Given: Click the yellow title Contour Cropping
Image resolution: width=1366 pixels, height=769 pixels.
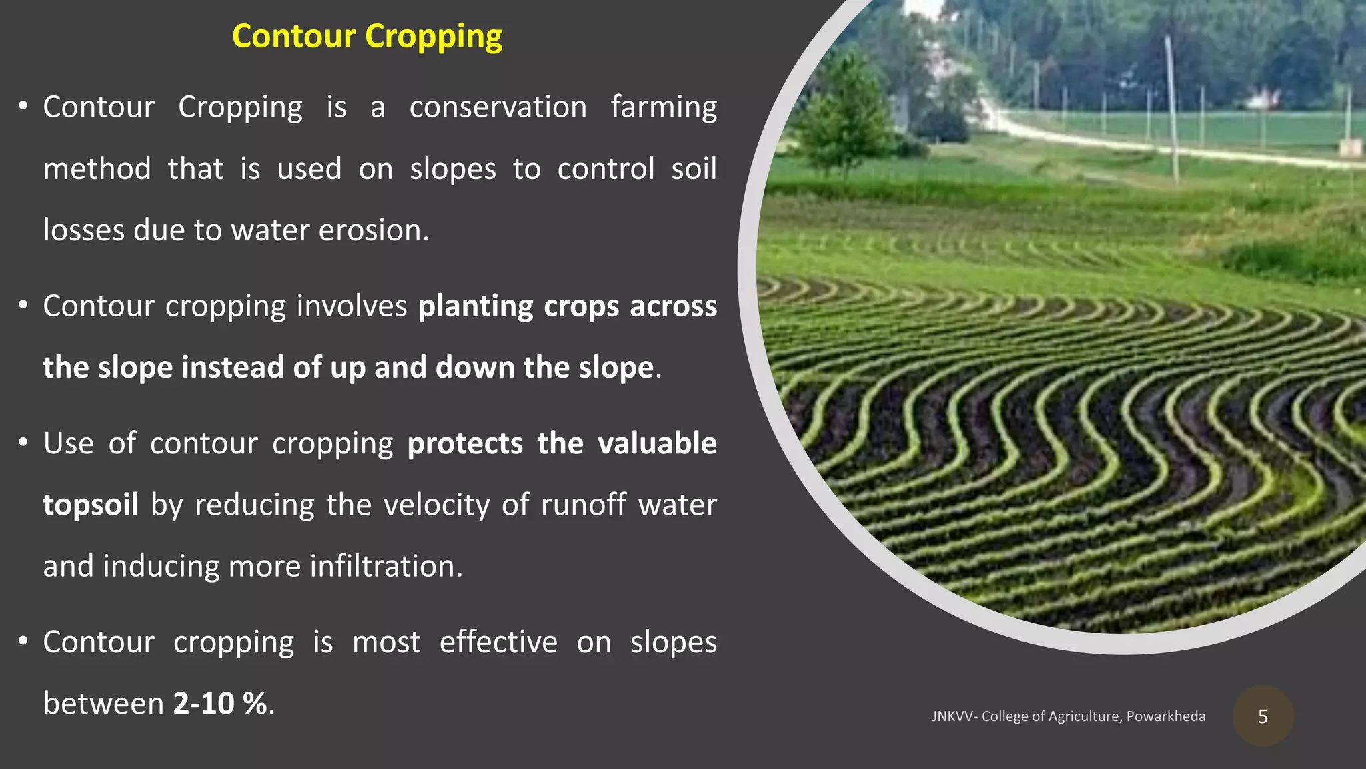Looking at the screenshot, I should tap(367, 37).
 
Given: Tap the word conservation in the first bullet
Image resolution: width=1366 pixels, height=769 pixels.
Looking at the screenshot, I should tap(498, 107).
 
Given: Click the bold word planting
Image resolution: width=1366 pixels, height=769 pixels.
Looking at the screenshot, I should tap(476, 306).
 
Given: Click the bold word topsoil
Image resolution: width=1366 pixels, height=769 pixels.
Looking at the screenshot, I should tap(91, 505).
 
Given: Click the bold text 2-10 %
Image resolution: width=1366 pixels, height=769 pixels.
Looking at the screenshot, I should tap(220, 704).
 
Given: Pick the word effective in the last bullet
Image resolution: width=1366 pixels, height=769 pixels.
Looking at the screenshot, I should tap(498, 643).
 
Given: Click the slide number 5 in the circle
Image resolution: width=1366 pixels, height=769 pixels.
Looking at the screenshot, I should tap(1263, 717).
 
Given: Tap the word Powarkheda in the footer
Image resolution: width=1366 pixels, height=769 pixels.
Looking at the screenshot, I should tap(1166, 717).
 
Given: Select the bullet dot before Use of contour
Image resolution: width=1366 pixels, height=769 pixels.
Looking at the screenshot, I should tap(23, 443).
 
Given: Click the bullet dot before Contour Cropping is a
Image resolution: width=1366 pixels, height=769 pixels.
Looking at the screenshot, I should tap(23, 106).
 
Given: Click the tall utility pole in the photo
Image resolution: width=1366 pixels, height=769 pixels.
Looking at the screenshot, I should tap(1171, 107).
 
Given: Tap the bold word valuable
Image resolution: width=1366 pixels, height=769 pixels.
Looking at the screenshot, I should tap(656, 444).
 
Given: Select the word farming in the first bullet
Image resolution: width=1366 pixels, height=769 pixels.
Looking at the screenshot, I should tap(664, 107).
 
